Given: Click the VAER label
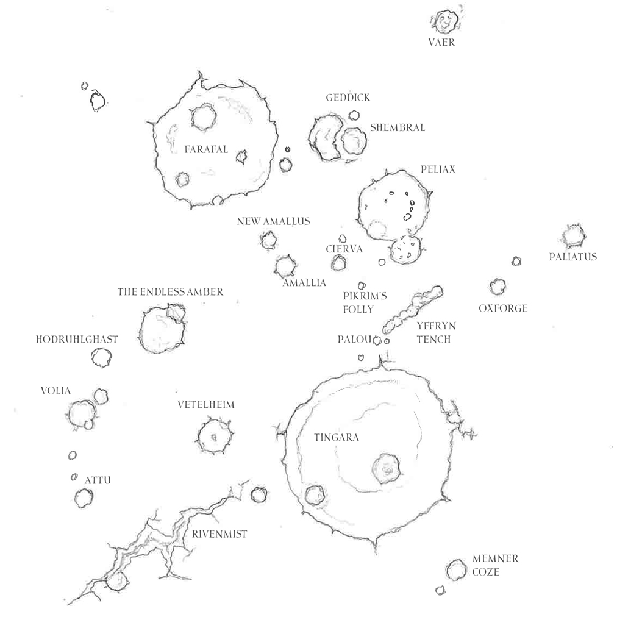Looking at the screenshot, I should click(442, 43).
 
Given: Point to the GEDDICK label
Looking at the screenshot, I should click(348, 98).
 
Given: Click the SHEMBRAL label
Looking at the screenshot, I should click(398, 128).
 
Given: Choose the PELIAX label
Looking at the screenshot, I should click(438, 169).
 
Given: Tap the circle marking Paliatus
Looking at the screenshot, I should click(572, 235).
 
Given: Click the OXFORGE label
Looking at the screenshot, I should click(503, 308).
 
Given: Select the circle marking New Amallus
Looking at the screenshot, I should click(269, 240).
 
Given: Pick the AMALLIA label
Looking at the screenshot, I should click(304, 282).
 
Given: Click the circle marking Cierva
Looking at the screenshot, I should click(339, 263).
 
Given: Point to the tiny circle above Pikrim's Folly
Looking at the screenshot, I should click(361, 285).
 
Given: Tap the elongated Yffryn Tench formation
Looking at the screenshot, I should click(412, 309).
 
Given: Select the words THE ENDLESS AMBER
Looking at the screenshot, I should click(170, 292).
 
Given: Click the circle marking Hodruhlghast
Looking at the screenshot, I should click(101, 358).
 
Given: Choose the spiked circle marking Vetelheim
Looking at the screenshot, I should click(215, 435).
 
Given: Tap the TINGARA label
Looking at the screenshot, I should click(337, 437).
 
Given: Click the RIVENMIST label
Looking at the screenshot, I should click(219, 534).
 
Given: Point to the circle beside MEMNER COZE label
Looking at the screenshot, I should click(454, 570).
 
